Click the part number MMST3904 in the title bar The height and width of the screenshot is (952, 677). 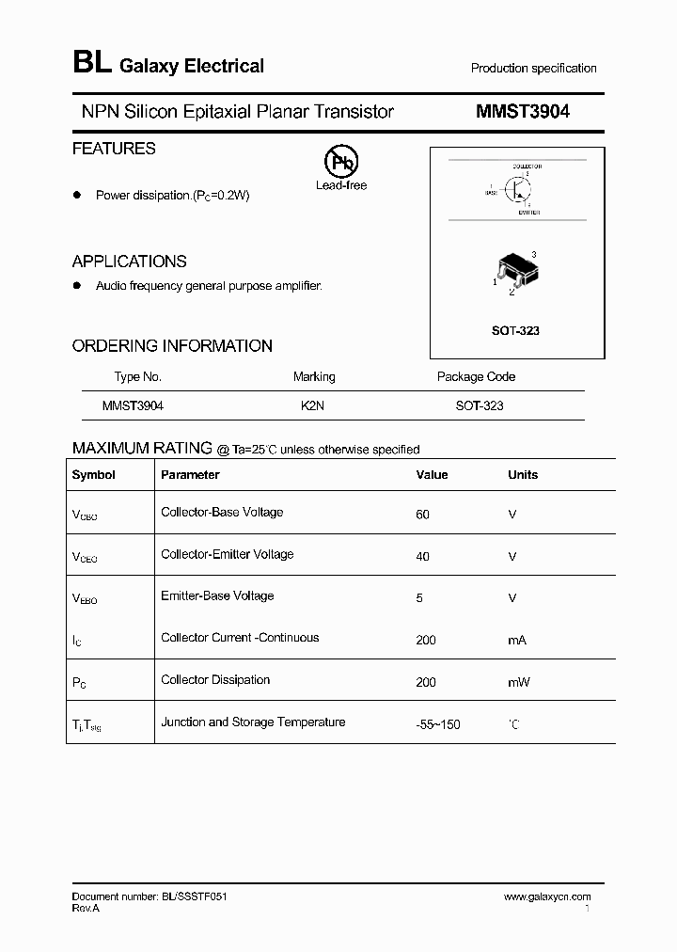(x=522, y=112)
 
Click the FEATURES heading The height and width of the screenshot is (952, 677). (x=114, y=149)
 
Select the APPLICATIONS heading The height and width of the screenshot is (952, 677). (x=129, y=262)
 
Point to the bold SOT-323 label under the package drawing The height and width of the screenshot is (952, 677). (x=515, y=331)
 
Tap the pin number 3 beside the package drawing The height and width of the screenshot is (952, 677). (x=534, y=255)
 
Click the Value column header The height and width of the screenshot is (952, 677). (x=432, y=475)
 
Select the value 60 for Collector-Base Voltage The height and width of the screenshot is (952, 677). (x=422, y=515)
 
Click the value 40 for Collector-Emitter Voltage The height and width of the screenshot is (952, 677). (x=422, y=556)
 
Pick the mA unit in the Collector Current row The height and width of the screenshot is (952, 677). (x=516, y=640)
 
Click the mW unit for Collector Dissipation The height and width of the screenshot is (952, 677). (x=518, y=681)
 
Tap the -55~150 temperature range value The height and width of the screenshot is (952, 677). (x=438, y=724)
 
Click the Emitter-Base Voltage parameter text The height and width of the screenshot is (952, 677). (x=217, y=595)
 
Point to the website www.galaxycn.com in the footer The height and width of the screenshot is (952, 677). (x=547, y=897)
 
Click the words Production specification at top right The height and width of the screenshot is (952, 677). (x=533, y=69)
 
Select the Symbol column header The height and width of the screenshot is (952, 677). (x=93, y=475)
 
